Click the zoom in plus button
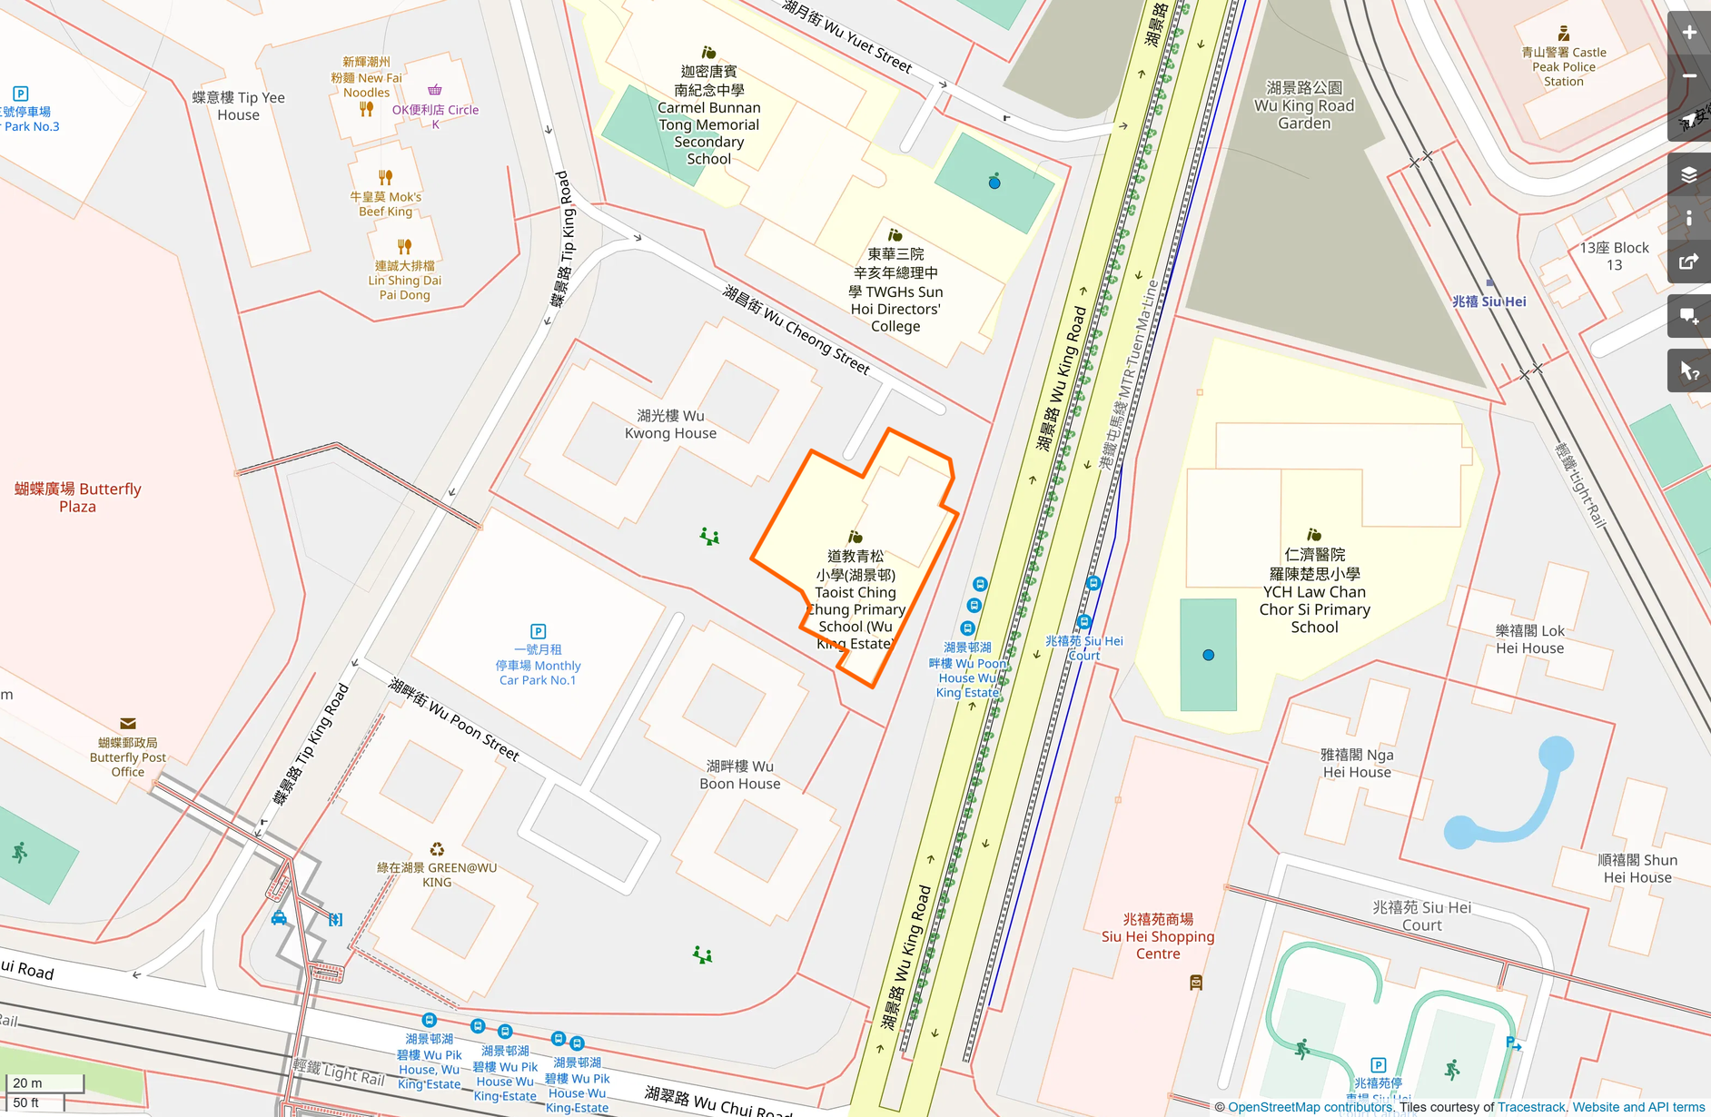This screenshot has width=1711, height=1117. click(1688, 33)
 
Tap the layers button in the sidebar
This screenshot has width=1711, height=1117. click(1688, 174)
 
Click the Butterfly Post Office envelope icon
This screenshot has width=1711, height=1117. click(128, 724)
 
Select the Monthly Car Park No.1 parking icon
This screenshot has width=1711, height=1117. click(538, 631)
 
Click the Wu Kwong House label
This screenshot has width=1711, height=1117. click(670, 424)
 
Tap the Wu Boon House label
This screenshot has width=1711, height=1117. click(739, 775)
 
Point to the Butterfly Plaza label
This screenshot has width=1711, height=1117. click(78, 497)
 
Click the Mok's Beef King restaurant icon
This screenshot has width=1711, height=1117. click(385, 177)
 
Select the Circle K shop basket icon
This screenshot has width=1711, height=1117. click(435, 90)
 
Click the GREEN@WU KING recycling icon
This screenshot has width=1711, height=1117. click(437, 849)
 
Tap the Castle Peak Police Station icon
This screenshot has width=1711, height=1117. click(1563, 34)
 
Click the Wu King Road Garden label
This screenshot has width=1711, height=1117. click(1303, 105)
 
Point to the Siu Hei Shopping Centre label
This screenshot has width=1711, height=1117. click(1157, 936)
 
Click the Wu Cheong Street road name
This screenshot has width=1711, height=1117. click(796, 330)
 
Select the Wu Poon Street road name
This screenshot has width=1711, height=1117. click(454, 719)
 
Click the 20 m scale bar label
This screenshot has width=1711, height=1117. click(28, 1082)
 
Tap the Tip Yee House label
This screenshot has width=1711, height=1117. click(238, 105)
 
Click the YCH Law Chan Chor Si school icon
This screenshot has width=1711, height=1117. click(1313, 535)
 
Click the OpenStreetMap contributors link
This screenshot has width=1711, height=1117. click(1309, 1107)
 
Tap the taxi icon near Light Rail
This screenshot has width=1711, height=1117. click(279, 918)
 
